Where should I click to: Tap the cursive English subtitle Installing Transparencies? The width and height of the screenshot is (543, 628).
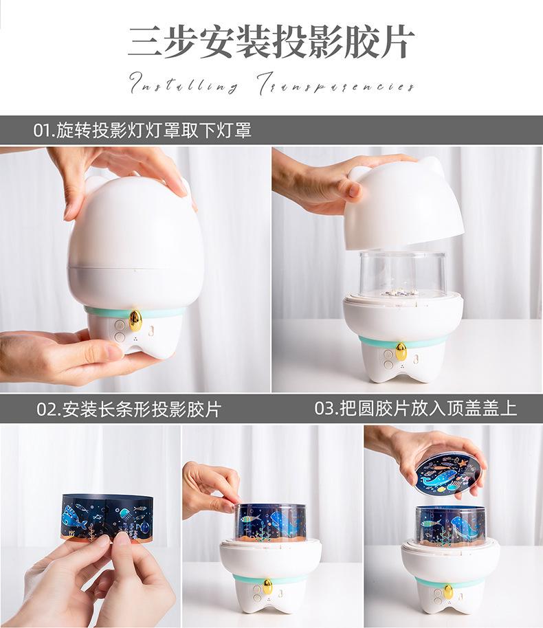(x=271, y=86)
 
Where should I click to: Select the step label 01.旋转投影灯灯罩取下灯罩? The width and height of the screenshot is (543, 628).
(x=143, y=130)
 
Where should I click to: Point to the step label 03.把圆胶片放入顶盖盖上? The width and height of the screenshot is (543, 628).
(x=415, y=408)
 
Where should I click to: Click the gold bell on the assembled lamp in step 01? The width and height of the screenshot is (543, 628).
(x=135, y=319)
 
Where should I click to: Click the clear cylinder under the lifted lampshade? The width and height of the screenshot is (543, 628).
(x=403, y=274)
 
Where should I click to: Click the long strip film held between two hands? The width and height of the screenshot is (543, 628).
(x=107, y=516)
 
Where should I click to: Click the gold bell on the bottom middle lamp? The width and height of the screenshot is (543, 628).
(x=268, y=585)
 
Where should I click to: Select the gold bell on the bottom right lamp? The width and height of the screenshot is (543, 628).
(x=448, y=591)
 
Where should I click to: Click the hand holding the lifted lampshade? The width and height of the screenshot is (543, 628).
(x=316, y=180)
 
